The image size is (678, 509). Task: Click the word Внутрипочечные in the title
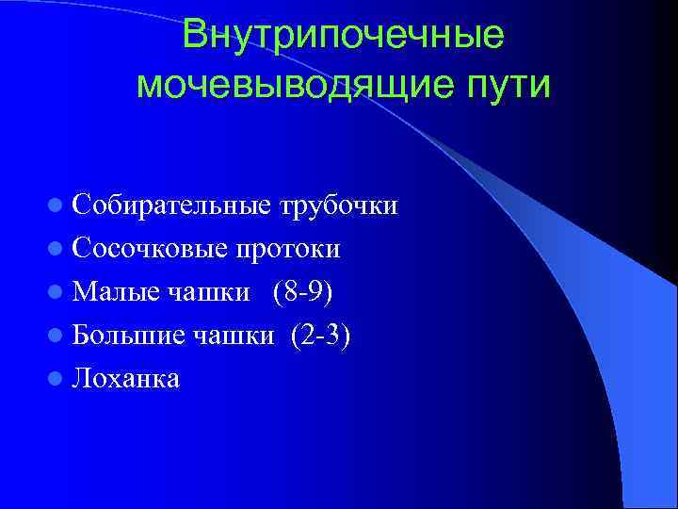[343, 36]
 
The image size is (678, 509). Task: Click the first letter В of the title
[195, 36]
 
